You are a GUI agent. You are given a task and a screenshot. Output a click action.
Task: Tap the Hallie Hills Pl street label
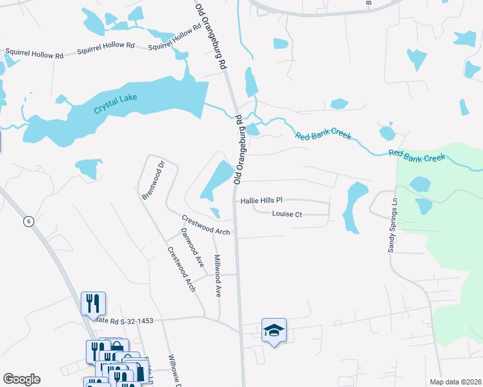(x=262, y=201)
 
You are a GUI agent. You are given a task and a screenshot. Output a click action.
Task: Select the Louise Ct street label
(x=287, y=213)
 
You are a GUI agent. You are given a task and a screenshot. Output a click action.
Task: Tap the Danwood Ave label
(x=192, y=248)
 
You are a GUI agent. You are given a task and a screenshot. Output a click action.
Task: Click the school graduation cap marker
(x=274, y=331)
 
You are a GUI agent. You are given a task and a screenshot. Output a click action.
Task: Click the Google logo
(x=21, y=379)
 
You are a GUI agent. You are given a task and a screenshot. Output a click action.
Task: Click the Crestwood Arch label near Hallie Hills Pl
(x=206, y=225)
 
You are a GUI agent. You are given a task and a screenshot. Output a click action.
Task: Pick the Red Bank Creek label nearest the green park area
(x=416, y=156)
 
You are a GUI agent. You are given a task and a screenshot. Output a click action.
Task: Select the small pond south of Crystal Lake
(x=88, y=167)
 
